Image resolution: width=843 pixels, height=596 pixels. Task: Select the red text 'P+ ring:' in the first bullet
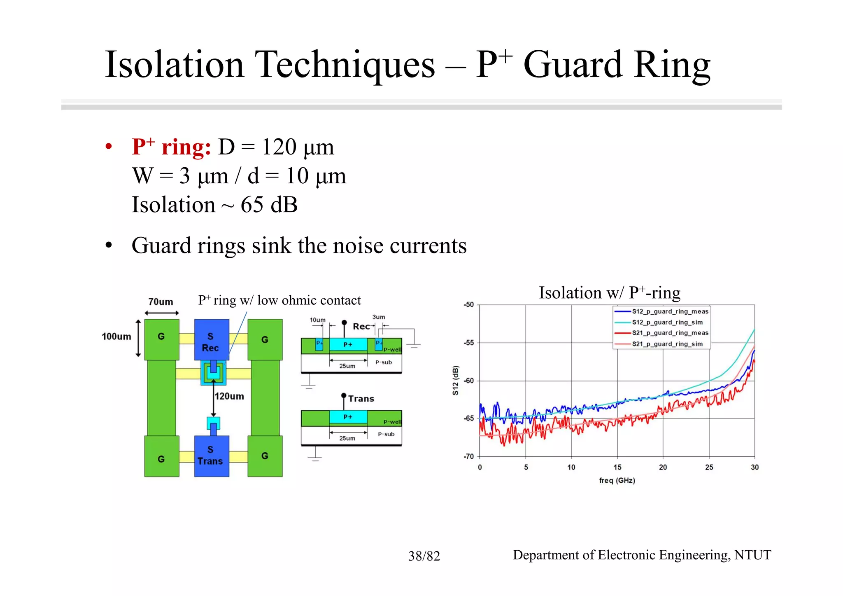pos(171,147)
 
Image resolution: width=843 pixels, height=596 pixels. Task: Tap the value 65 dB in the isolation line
pos(269,205)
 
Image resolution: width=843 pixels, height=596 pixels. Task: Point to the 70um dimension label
pos(161,302)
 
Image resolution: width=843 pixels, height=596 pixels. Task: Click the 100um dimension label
pos(116,337)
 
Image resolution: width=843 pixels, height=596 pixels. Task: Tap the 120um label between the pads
pos(229,396)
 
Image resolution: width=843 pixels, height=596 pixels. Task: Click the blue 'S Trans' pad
pos(211,456)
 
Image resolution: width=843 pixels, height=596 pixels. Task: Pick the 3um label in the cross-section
pos(378,317)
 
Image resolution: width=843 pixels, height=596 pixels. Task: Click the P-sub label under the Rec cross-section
pos(384,362)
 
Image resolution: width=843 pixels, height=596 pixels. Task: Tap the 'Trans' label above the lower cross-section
pos(361,399)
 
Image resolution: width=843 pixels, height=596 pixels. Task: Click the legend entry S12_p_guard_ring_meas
pos(670,311)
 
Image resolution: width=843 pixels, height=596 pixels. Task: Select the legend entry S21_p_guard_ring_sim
pos(667,344)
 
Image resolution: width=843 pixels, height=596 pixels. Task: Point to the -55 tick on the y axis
pos(469,343)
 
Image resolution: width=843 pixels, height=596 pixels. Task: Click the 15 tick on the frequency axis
pos(617,467)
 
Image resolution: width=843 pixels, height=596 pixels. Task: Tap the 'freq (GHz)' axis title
pos(617,480)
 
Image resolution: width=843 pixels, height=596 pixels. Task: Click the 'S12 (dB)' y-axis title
pos(455,380)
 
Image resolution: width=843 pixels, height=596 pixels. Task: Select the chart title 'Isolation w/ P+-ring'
pos(610,293)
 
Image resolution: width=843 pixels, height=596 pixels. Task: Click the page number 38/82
pos(424,556)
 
